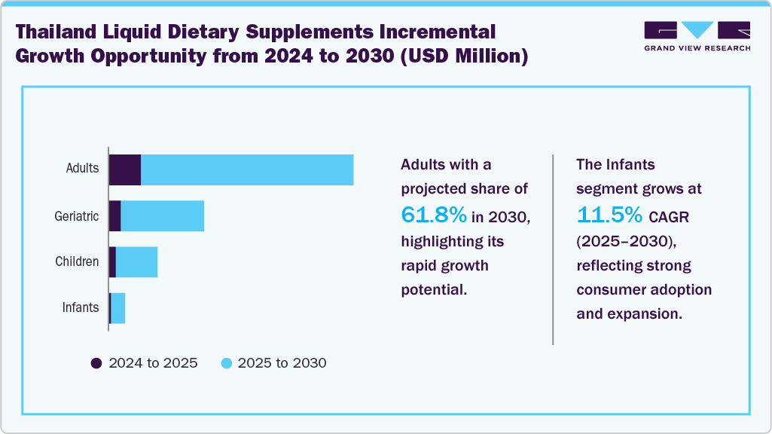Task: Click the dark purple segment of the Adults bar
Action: tap(125, 170)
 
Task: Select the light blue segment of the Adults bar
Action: tap(247, 170)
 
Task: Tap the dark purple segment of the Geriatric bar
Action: tap(115, 216)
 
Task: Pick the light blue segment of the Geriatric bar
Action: tap(162, 216)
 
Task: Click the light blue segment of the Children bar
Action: tap(136, 261)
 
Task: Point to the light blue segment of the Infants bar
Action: tap(118, 308)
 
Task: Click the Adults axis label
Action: tap(82, 168)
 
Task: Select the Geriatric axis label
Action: tap(76, 216)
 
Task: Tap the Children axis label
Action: tap(77, 261)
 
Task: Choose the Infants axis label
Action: tap(80, 307)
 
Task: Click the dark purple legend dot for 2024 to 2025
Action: tap(96, 363)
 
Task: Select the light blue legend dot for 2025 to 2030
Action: tap(225, 363)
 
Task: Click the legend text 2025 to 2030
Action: tap(282, 363)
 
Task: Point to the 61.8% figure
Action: tap(434, 215)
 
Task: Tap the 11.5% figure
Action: tap(609, 215)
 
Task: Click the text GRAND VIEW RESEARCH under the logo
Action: tap(697, 47)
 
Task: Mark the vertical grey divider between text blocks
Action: tap(553, 249)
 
